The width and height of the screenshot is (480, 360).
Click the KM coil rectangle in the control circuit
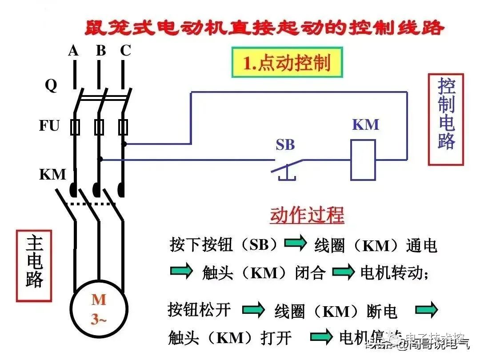tap(363, 160)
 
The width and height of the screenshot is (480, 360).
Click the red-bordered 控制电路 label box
tap(446, 120)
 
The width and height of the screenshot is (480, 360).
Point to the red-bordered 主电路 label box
tap(34, 266)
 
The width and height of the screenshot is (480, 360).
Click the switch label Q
tap(51, 85)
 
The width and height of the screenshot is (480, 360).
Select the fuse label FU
tap(49, 126)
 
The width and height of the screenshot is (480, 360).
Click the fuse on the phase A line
tap(75, 127)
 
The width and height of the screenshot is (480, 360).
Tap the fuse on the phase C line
tap(123, 127)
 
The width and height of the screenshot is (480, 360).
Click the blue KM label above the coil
tap(366, 125)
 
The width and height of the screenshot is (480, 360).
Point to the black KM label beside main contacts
tap(52, 174)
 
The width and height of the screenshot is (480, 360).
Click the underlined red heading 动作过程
tap(307, 216)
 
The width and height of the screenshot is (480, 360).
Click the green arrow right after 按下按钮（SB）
tap(296, 243)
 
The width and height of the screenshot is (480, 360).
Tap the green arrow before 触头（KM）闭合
tap(181, 271)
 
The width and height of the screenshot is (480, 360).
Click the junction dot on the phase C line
tap(125, 144)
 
